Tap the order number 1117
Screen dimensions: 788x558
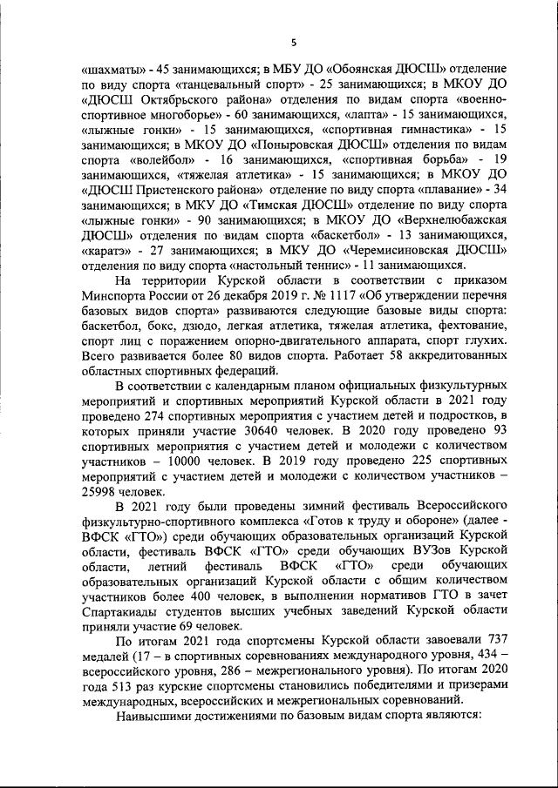click(320, 294)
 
